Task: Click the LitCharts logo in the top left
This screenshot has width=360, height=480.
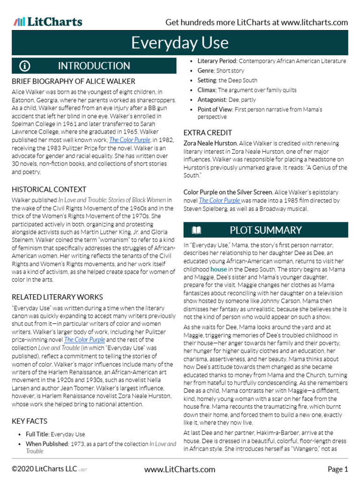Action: (x=48, y=22)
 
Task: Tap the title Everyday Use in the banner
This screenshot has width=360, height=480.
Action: (x=180, y=43)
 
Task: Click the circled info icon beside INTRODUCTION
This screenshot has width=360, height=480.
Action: (x=25, y=66)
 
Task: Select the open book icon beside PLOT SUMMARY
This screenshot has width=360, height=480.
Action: (x=196, y=230)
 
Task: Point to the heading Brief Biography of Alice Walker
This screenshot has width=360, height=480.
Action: (x=73, y=81)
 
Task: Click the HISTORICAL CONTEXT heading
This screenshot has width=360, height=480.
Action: (x=49, y=189)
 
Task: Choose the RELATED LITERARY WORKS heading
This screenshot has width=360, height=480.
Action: (x=57, y=297)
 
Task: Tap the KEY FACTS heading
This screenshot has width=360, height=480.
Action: (x=30, y=421)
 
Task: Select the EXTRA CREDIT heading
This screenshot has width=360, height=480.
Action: (x=207, y=133)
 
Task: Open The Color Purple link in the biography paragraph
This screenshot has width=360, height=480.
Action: (x=130, y=140)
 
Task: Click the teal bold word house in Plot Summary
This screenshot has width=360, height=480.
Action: (x=218, y=270)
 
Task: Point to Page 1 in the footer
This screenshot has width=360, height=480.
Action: (x=337, y=469)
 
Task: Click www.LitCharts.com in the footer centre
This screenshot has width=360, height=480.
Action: (x=180, y=469)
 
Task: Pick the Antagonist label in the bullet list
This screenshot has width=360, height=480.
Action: (x=213, y=99)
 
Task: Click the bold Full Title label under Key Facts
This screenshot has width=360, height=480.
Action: (x=37, y=435)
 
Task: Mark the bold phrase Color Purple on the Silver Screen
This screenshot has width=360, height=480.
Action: (x=228, y=192)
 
